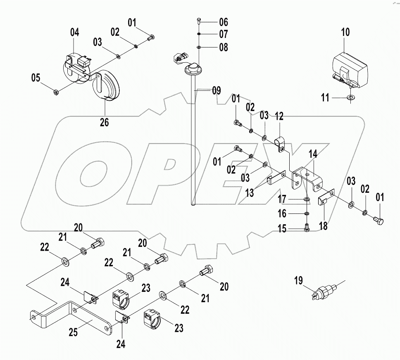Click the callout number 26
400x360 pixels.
[x=104, y=123]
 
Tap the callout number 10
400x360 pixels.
[x=345, y=33]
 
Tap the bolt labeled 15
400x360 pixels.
[x=306, y=227]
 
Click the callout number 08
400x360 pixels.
[x=223, y=47]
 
